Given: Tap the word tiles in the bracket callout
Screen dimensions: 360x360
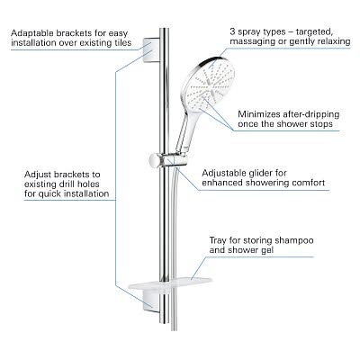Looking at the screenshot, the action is click(x=121, y=42).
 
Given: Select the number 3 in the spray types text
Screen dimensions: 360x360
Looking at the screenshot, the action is click(x=232, y=31).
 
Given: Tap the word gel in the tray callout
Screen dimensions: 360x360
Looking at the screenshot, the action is click(x=266, y=250).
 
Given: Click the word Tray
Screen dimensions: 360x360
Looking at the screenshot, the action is click(x=218, y=240).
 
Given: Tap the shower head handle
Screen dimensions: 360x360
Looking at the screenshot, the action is click(x=185, y=132).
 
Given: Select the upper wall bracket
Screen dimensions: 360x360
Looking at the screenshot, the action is click(x=151, y=50).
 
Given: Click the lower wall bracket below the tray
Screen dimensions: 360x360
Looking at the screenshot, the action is click(x=151, y=301).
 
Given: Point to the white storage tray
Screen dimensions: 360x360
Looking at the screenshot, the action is click(x=170, y=283).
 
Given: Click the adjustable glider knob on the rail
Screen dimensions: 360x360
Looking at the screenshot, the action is click(x=156, y=161).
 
